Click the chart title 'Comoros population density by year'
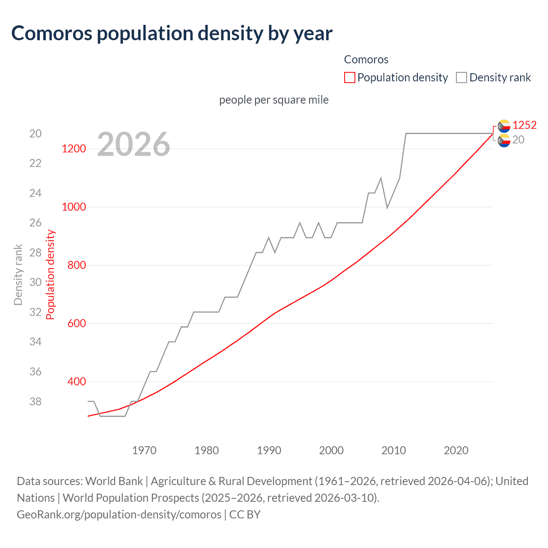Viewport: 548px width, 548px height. (172, 33)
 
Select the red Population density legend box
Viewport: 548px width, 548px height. (349, 77)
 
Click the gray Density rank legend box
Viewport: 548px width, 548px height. (461, 77)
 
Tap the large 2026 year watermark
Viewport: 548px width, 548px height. (133, 144)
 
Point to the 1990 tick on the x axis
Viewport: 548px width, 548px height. (269, 450)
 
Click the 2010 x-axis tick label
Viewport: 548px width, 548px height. (393, 450)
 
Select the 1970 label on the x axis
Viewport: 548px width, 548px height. (144, 450)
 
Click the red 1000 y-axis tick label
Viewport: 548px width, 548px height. (74, 207)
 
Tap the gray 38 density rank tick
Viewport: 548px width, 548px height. (36, 402)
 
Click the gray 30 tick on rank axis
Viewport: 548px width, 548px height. (36, 282)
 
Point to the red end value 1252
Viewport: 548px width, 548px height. (524, 125)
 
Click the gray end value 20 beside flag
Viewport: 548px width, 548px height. (518, 140)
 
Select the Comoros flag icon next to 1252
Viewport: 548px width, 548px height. (504, 125)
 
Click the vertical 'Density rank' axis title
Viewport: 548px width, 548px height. (18, 274)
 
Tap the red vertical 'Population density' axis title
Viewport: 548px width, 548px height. (51, 274)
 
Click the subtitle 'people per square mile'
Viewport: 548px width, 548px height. (274, 100)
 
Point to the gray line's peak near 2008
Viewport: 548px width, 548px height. (381, 178)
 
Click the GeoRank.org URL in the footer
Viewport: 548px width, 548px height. (119, 514)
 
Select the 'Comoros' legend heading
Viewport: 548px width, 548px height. (366, 60)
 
